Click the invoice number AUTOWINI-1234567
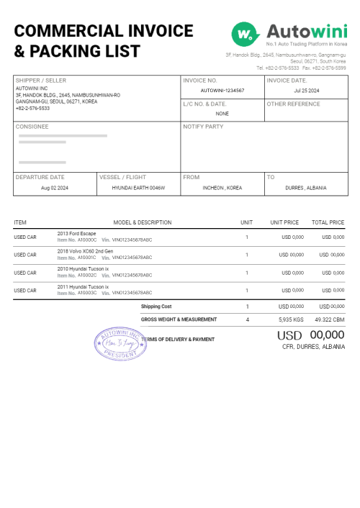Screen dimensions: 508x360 click(222, 91)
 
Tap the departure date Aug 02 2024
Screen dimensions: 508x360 click(55, 188)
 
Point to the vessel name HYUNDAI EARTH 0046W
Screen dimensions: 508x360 click(138, 188)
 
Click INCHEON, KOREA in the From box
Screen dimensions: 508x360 click(222, 188)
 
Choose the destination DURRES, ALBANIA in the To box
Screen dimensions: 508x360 click(306, 188)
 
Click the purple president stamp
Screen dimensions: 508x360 click(119, 343)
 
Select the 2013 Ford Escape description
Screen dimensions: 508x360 click(76, 233)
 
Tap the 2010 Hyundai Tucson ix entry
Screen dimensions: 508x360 click(83, 268)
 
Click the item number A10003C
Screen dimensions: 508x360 click(87, 293)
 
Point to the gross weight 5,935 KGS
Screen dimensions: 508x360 click(291, 319)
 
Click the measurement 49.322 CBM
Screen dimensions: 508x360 click(329, 319)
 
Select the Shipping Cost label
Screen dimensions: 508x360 click(156, 307)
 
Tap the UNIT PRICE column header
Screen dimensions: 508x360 click(284, 222)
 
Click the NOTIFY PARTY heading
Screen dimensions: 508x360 click(203, 126)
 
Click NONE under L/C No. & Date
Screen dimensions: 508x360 click(222, 113)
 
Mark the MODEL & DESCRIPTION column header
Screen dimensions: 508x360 click(143, 222)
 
